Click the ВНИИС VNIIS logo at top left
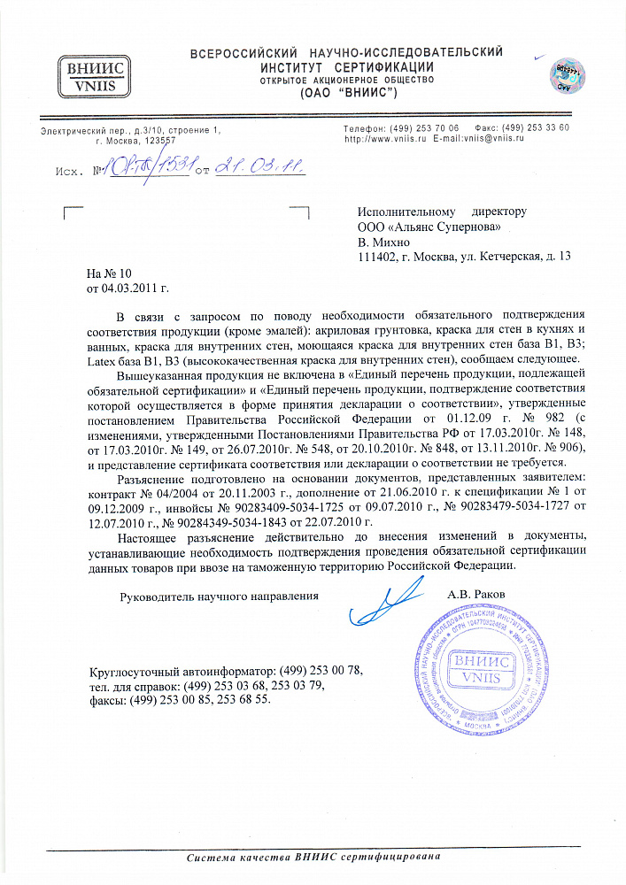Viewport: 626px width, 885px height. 91,78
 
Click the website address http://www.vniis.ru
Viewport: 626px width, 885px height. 385,139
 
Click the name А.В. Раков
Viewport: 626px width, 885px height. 476,594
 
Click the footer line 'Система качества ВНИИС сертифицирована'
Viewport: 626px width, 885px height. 313,858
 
